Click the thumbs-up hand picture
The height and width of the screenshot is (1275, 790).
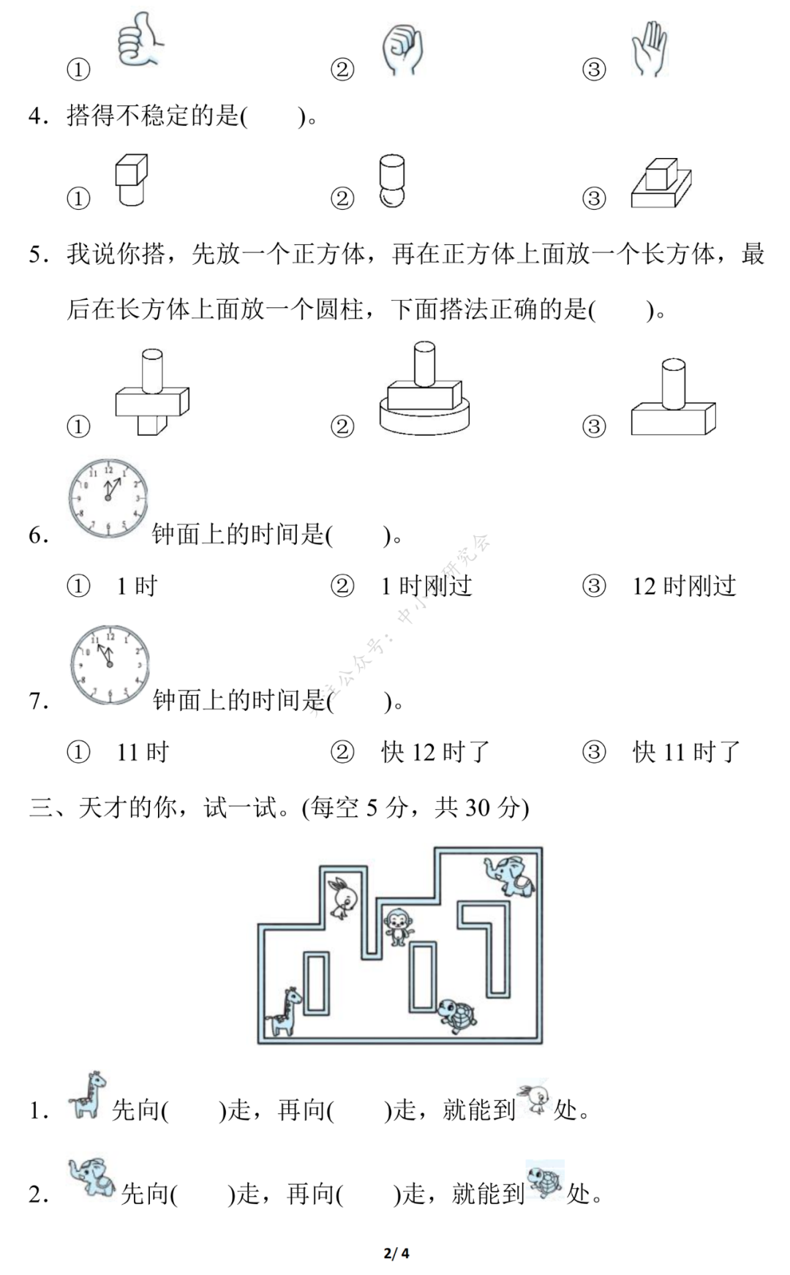pos(139,41)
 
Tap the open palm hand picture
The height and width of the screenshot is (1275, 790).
pos(649,48)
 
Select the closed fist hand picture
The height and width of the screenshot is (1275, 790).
pos(402,50)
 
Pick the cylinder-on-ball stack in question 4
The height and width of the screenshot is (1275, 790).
pos(392,181)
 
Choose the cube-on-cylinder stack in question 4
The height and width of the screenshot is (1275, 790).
pos(131,180)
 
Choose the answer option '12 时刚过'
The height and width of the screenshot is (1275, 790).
pos(684,587)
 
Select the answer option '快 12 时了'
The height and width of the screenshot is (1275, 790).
pos(434,753)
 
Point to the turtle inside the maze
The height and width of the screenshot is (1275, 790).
pos(457,1016)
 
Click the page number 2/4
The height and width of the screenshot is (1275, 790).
pos(396,1253)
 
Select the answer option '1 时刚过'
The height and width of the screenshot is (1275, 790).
pos(426,587)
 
